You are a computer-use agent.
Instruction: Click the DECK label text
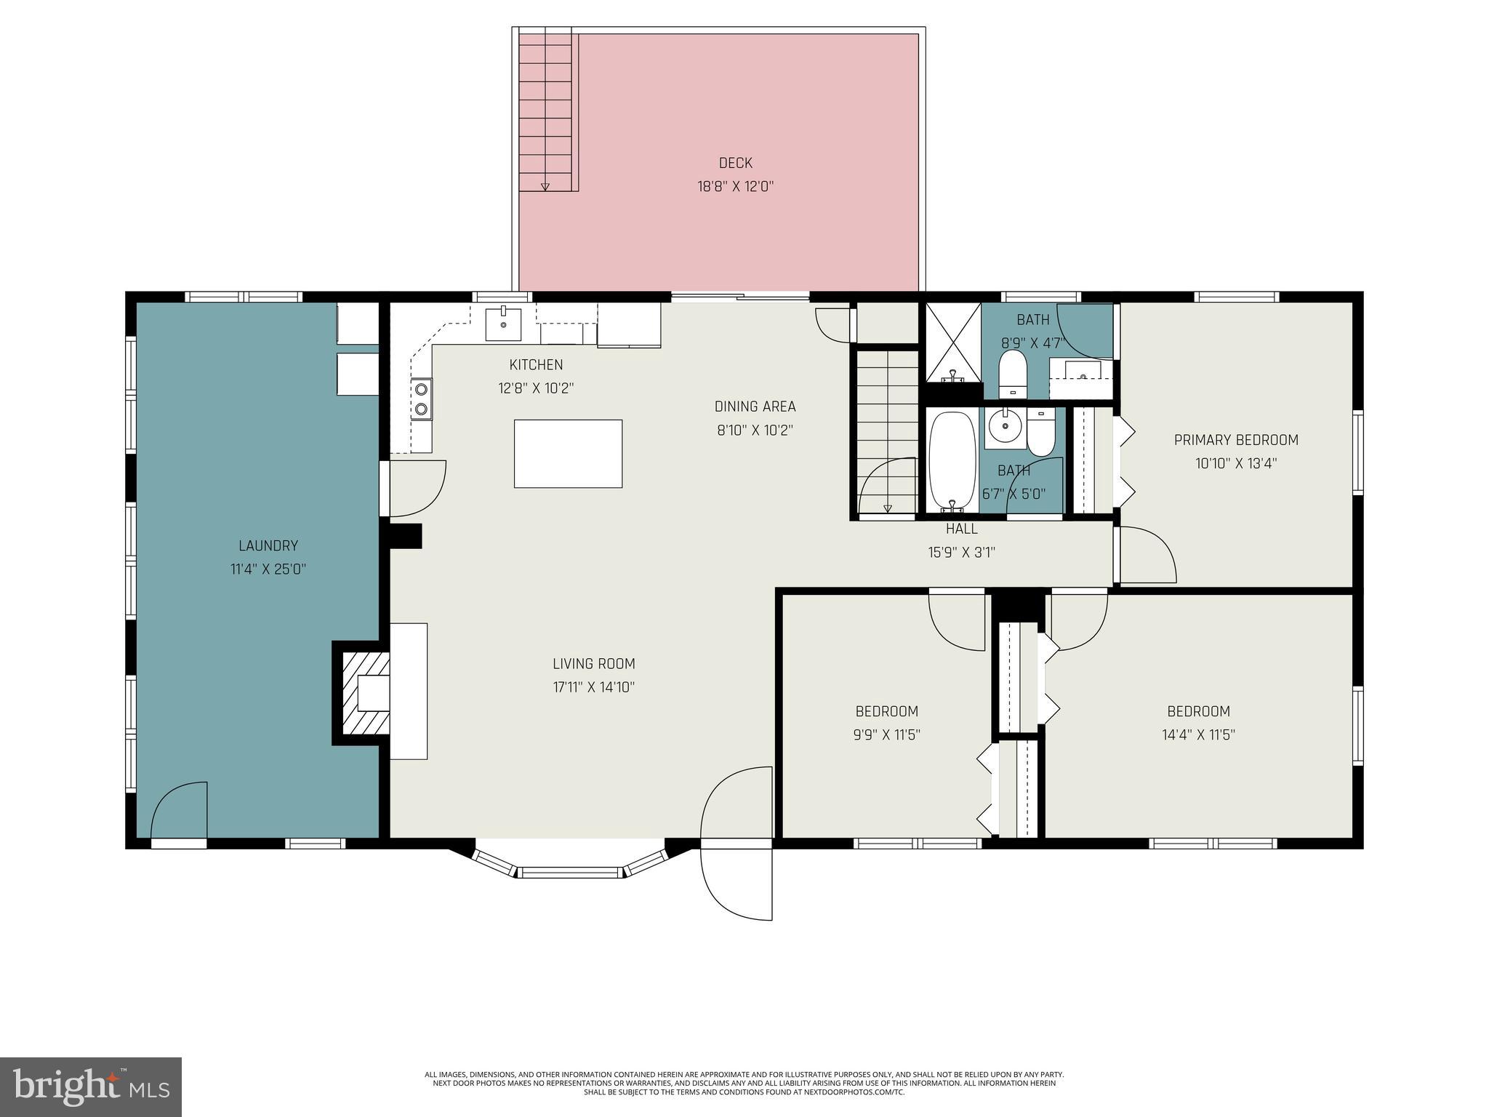pos(735,163)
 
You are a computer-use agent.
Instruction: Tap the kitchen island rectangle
pos(568,453)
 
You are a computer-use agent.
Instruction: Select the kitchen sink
pos(503,324)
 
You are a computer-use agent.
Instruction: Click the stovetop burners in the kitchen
pos(421,399)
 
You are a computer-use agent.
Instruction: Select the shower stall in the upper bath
pos(952,343)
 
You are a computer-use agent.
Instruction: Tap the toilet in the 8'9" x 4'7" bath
pos(1011,372)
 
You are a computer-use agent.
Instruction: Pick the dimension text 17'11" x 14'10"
pos(593,686)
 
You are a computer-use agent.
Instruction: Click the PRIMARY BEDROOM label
pos(1236,439)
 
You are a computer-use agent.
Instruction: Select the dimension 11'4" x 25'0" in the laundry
pos(268,569)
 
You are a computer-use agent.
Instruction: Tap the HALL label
pos(961,529)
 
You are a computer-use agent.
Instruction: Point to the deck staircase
pos(545,109)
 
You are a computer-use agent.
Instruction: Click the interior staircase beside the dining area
pos(886,429)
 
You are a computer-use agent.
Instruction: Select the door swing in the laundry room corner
pos(178,809)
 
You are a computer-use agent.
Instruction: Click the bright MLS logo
pos(91,1086)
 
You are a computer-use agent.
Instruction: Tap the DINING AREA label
pos(755,407)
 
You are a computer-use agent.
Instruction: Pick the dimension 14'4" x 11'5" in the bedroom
pos(1198,734)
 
